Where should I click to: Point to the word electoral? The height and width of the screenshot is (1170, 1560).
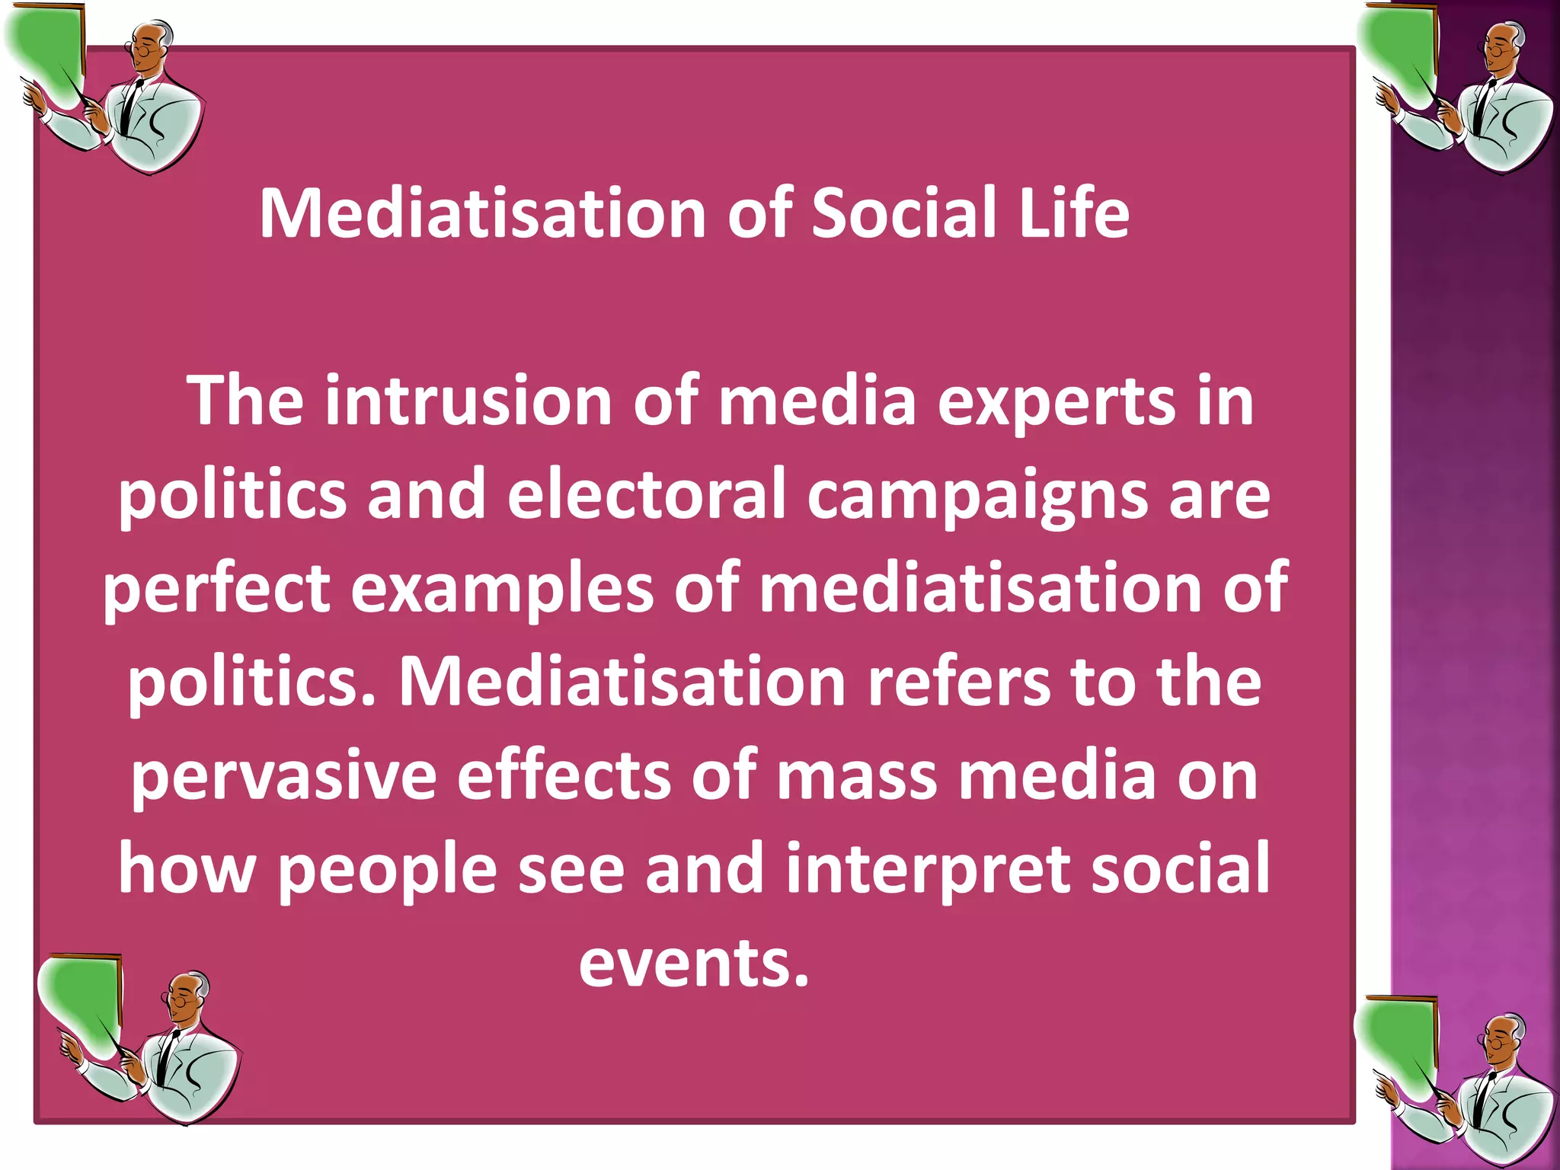[647, 495]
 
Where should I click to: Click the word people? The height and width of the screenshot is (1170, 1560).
[387, 871]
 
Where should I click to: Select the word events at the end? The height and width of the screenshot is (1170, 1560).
[693, 963]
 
